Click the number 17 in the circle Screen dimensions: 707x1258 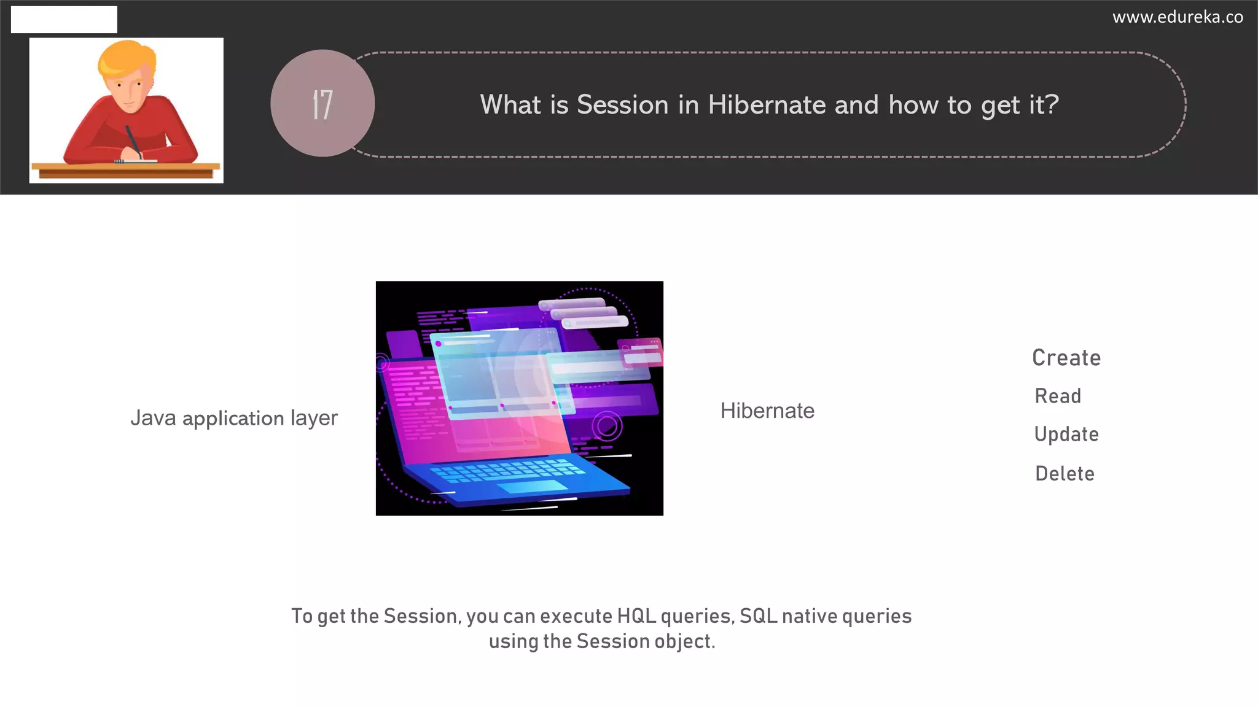(322, 104)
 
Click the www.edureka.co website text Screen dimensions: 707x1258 (1178, 17)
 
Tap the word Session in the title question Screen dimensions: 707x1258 (622, 105)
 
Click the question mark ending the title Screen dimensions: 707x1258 (1052, 104)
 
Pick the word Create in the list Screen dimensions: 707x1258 (1066, 358)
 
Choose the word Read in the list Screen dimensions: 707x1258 (1058, 396)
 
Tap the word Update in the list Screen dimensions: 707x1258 (1066, 435)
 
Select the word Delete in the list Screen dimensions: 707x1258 (1065, 473)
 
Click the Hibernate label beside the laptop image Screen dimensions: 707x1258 (767, 411)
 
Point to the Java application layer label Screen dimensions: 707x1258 (234, 418)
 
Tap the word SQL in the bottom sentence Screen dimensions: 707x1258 (759, 616)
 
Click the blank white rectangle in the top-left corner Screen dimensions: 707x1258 (64, 20)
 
